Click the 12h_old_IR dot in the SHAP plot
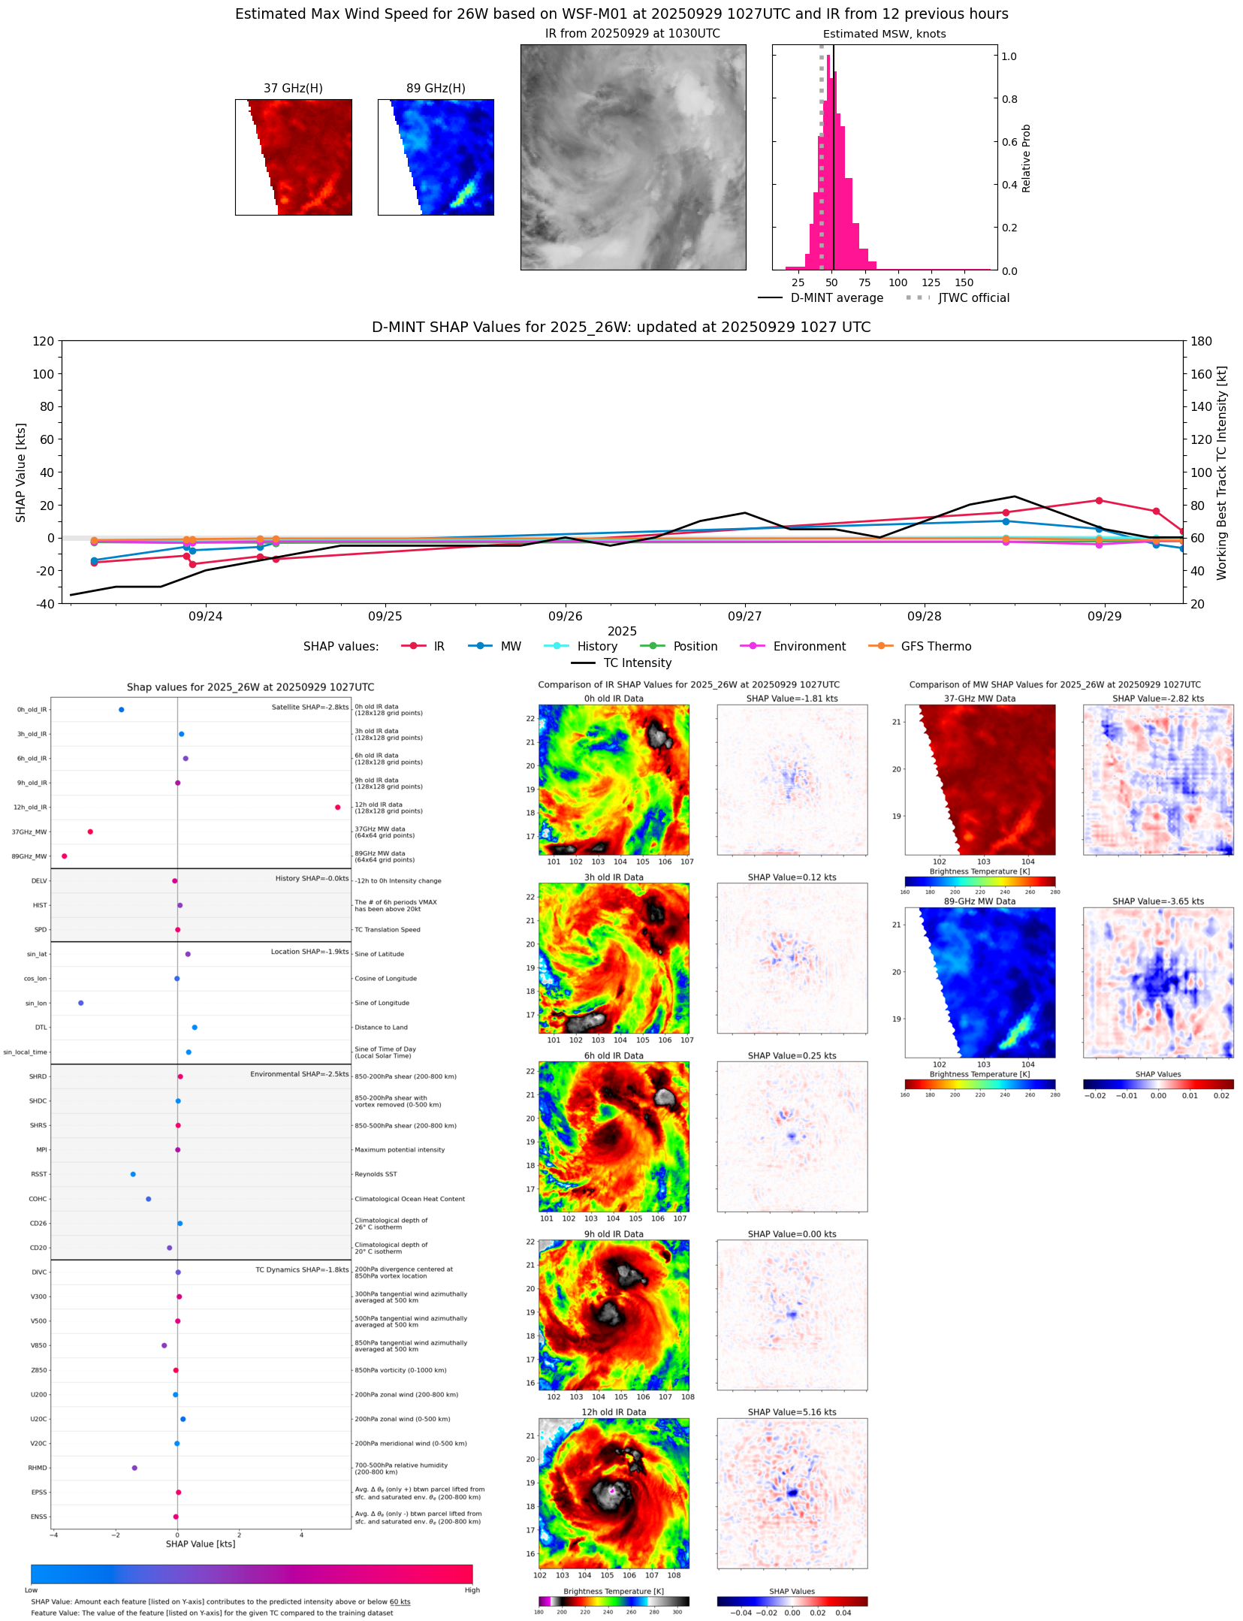pos(337,807)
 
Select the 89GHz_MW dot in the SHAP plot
pos(65,856)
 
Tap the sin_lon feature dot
pos(81,1003)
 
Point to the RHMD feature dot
pos(134,1468)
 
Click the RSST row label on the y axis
pos(38,1174)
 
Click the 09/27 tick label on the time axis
pos(744,617)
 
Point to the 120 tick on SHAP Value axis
pos(43,341)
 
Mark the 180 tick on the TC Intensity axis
pos(1201,341)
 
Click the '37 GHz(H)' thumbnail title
pos(293,89)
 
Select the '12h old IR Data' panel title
pos(614,1412)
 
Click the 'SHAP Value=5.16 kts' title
pos(792,1412)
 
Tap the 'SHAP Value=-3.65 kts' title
pos(1157,901)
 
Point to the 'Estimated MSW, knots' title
pos(884,34)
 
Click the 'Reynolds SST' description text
pos(376,1174)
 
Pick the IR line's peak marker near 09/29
pos(1099,500)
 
